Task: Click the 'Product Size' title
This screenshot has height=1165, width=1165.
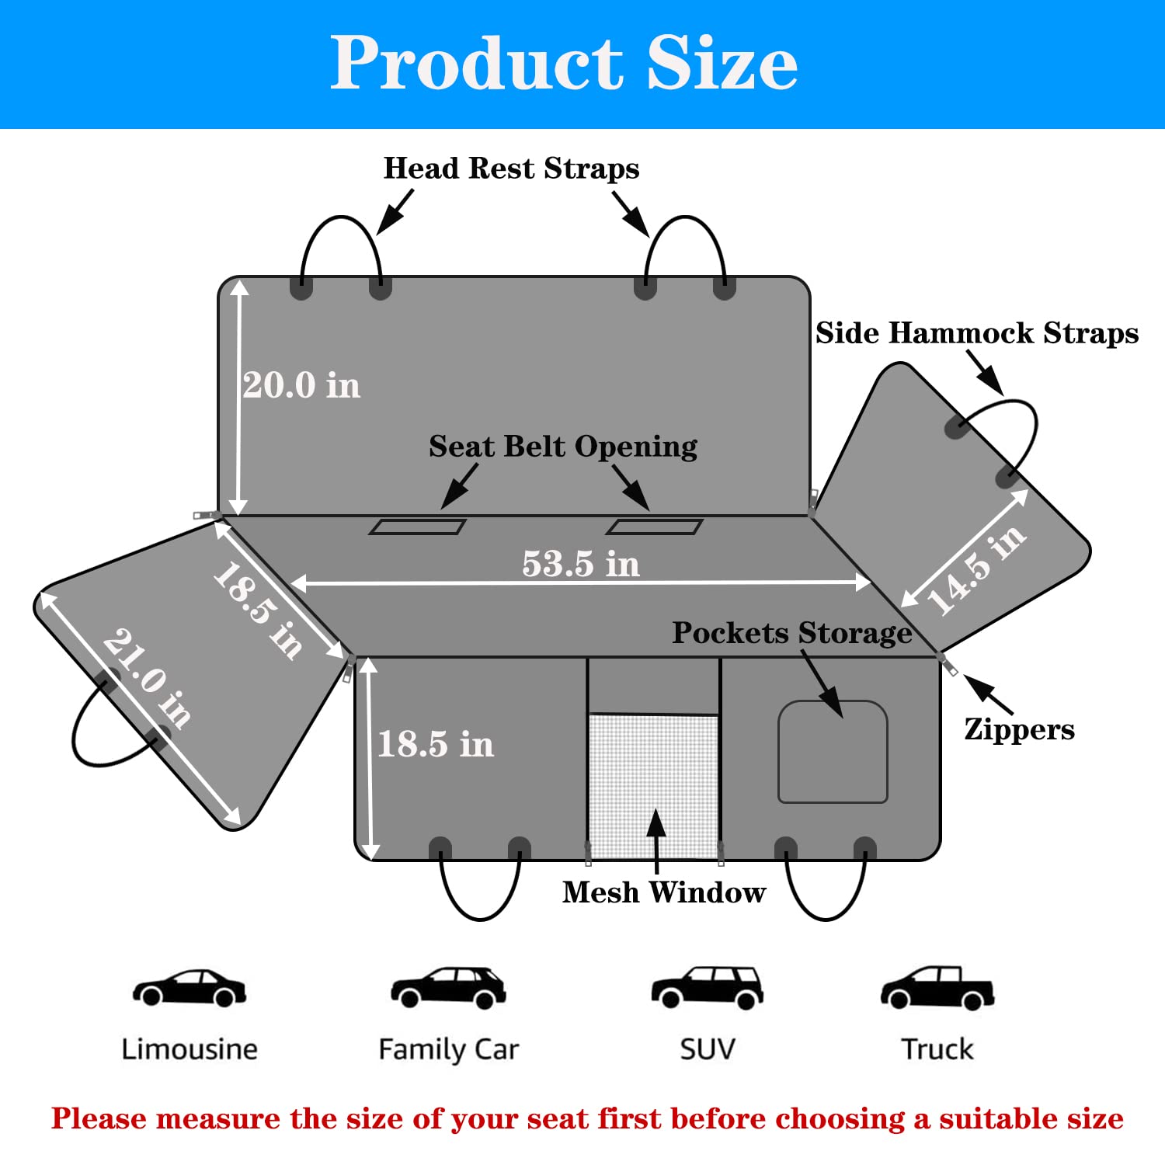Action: point(564,63)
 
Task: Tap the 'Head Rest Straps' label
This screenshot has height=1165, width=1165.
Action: point(511,169)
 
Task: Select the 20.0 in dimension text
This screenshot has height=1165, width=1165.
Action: point(301,385)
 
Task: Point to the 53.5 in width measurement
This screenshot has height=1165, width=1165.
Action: point(581,564)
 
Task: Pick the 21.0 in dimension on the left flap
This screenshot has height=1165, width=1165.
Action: point(147,678)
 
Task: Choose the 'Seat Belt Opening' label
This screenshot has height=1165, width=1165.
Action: point(562,447)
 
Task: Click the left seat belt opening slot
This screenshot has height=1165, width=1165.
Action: point(417,527)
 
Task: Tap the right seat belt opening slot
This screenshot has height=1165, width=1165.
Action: point(654,527)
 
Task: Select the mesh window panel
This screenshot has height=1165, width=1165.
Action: point(653,784)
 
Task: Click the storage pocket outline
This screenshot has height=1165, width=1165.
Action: point(833,752)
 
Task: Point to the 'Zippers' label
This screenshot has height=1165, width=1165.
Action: point(1019,729)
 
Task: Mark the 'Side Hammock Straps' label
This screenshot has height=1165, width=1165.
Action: point(976,333)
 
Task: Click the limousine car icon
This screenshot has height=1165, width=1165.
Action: point(189,988)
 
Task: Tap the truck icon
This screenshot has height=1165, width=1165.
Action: point(937,988)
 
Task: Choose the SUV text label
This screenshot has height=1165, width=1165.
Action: point(707,1049)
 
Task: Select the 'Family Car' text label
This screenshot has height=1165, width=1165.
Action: point(448,1049)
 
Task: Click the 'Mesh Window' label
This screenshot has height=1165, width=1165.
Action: point(663,892)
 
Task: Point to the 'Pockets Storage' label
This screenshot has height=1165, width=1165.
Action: point(791,633)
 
